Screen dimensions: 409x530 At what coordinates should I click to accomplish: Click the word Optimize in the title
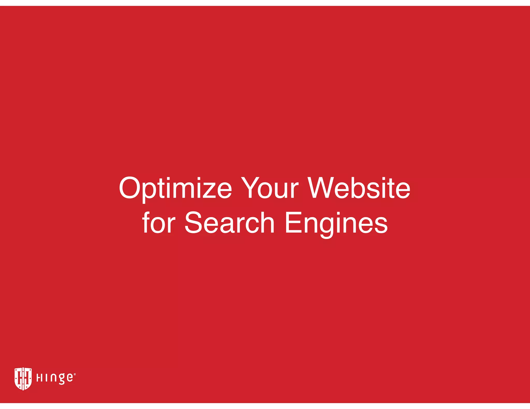[175, 188]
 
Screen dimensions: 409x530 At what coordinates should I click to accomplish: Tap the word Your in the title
[270, 188]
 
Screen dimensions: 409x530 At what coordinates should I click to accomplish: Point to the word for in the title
[159, 223]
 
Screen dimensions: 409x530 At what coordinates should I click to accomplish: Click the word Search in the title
[229, 223]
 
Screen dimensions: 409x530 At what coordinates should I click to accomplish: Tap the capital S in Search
[194, 223]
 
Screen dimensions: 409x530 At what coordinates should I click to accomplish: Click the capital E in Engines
[293, 223]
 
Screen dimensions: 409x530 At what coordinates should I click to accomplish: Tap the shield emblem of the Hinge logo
[23, 378]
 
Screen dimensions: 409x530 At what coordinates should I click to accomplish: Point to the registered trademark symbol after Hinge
[75, 374]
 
